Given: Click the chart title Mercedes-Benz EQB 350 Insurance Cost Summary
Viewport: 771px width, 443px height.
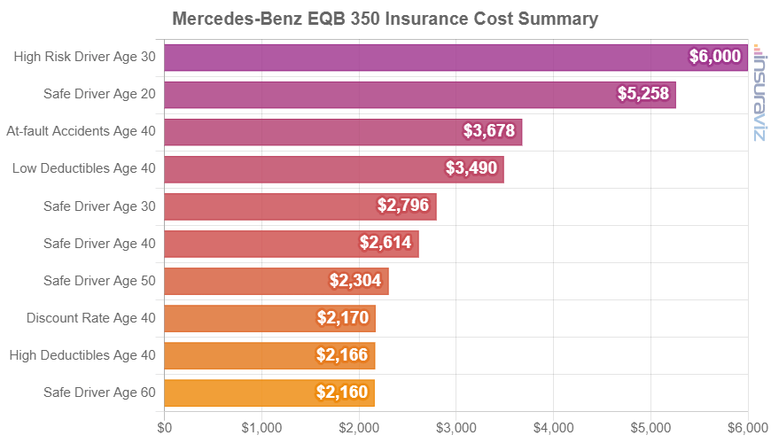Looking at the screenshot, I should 385,19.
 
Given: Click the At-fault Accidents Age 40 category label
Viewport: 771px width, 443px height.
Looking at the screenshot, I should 81,131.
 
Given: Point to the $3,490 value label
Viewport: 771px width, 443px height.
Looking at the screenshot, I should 471,168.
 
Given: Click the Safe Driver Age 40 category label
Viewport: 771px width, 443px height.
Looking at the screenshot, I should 99,244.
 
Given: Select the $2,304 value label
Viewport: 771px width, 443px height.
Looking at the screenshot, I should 355,281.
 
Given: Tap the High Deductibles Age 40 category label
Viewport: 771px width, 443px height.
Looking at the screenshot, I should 82,355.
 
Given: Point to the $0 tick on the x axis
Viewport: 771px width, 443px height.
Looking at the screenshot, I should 165,427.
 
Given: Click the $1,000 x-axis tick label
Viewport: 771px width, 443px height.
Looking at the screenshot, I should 261,427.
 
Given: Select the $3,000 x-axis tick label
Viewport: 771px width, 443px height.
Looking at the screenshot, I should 456,427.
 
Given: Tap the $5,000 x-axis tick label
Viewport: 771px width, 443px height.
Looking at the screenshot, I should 651,427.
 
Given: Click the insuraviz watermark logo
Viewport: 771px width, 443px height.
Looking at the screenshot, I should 759,92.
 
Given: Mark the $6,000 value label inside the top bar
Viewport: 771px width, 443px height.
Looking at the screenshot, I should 715,57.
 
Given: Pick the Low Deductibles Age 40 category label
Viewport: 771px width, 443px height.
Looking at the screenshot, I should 84,168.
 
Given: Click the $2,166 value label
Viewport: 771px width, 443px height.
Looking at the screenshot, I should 342,355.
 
